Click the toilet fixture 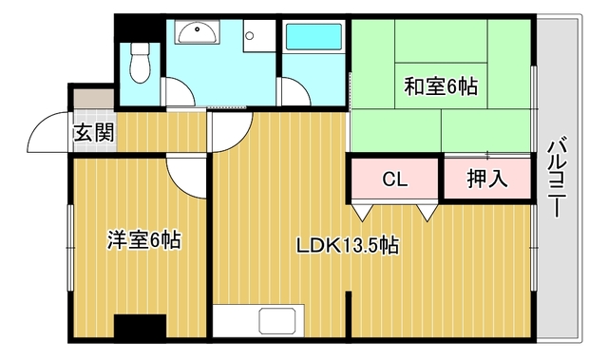[x=140, y=63]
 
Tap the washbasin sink [x=197, y=31]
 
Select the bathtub [x=313, y=37]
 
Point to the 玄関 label [x=94, y=133]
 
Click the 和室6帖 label [x=441, y=86]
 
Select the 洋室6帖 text [x=143, y=240]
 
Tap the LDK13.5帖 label [x=348, y=245]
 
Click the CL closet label [x=395, y=179]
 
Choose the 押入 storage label [x=487, y=179]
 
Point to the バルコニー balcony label [x=558, y=177]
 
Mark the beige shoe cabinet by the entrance [x=94, y=99]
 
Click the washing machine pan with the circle [x=259, y=36]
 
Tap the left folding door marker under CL [x=363, y=213]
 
